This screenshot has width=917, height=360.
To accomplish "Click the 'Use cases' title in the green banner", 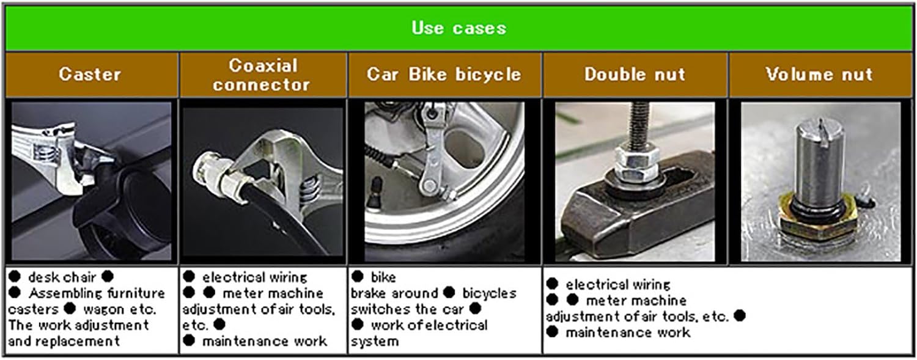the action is [x=459, y=28].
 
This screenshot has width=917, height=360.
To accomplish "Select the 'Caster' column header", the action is [x=90, y=74].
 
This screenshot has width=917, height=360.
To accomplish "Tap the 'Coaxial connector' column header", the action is [x=262, y=75].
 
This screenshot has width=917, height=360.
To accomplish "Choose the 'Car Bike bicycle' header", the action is [x=444, y=74].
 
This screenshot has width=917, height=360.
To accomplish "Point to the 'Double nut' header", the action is [x=635, y=74].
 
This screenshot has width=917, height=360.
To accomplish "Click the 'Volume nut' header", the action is [x=819, y=74].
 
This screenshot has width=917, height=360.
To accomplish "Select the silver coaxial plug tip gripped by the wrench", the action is [x=209, y=172].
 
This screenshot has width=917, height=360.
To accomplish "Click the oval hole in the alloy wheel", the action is [x=465, y=148].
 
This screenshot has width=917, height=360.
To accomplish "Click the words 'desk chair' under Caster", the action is [x=62, y=277].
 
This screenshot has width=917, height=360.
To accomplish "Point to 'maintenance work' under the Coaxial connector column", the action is [x=265, y=341].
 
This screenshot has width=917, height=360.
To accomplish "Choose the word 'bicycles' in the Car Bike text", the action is [x=489, y=293].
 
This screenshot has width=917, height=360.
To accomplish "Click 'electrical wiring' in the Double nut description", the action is [x=617, y=284].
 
